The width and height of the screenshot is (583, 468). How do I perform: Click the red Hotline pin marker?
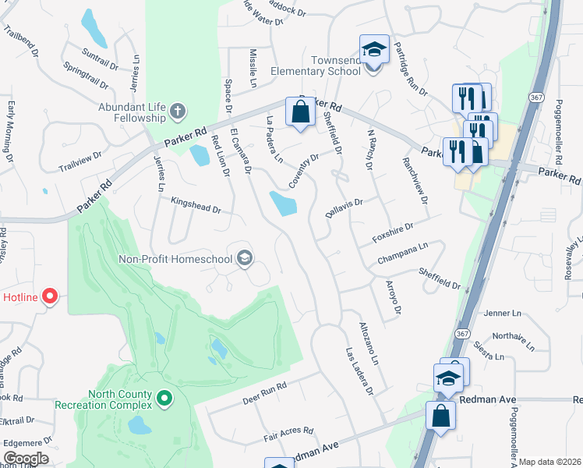point(51,296)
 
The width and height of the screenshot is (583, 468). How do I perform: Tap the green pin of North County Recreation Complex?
point(164,399)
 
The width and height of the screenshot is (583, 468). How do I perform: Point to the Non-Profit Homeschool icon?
point(245,259)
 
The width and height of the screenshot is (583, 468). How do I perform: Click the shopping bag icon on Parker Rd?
point(300,112)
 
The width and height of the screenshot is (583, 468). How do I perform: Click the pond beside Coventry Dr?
point(282,204)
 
